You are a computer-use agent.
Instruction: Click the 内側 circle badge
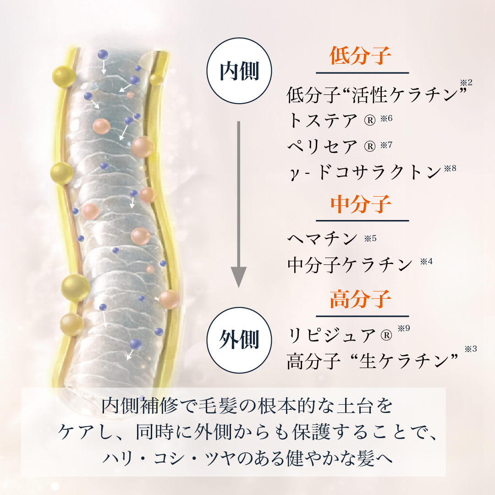pyautogui.click(x=240, y=71)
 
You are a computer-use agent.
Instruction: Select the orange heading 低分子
pyautogui.click(x=361, y=57)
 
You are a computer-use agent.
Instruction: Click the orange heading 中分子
pyautogui.click(x=361, y=204)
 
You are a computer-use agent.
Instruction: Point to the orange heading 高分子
pyautogui.click(x=361, y=300)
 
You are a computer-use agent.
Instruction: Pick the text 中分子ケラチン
pyautogui.click(x=350, y=264)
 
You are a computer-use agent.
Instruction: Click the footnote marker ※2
pyautogui.click(x=466, y=83)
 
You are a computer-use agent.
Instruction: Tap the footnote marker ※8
pyautogui.click(x=450, y=168)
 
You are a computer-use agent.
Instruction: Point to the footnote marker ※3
pyautogui.click(x=471, y=349)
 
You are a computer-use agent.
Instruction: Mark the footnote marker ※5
pyautogui.click(x=370, y=238)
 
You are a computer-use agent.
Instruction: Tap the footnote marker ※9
pyautogui.click(x=403, y=329)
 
